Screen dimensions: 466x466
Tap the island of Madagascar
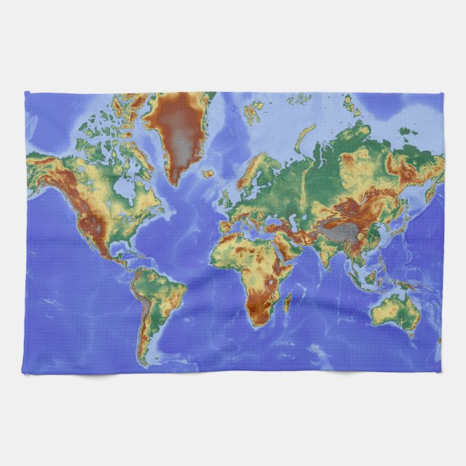pos(287,302)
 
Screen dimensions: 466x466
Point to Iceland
pos(208,174)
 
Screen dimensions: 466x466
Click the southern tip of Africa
pos(257,325)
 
